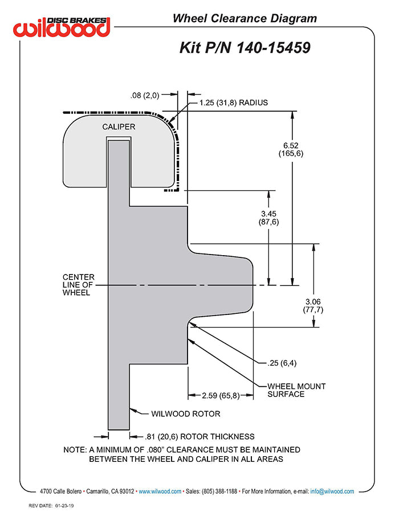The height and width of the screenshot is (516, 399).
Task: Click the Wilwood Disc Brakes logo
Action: [x=63, y=26]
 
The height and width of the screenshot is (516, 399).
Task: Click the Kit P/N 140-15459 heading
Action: [x=245, y=48]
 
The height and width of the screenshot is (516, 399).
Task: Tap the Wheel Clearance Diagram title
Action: [x=245, y=19]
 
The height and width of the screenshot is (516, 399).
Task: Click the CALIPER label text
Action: [x=119, y=126]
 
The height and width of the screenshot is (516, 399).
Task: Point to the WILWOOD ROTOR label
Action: [x=185, y=414]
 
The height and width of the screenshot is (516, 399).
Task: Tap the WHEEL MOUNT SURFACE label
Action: [x=296, y=390]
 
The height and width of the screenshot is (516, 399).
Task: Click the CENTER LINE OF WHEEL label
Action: [x=78, y=285]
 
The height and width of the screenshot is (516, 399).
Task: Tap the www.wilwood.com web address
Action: [x=160, y=491]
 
